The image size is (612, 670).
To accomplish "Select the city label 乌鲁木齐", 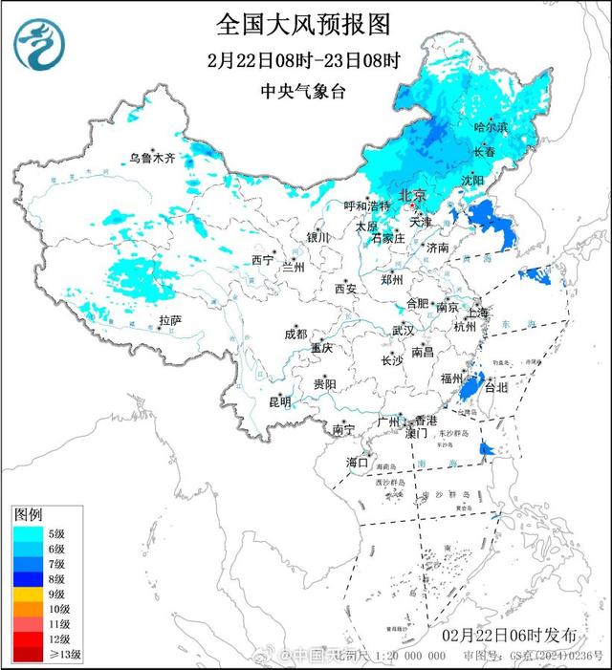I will pos(154,159).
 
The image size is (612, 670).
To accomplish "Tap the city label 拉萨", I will pos(170,319).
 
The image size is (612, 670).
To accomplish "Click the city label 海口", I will pos(357,463).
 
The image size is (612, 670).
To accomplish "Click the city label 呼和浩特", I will pos(368,205).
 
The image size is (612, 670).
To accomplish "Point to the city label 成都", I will pos(295,334).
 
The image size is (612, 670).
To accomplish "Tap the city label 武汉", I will pos(403,331).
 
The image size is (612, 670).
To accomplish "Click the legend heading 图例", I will pos(28,514).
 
